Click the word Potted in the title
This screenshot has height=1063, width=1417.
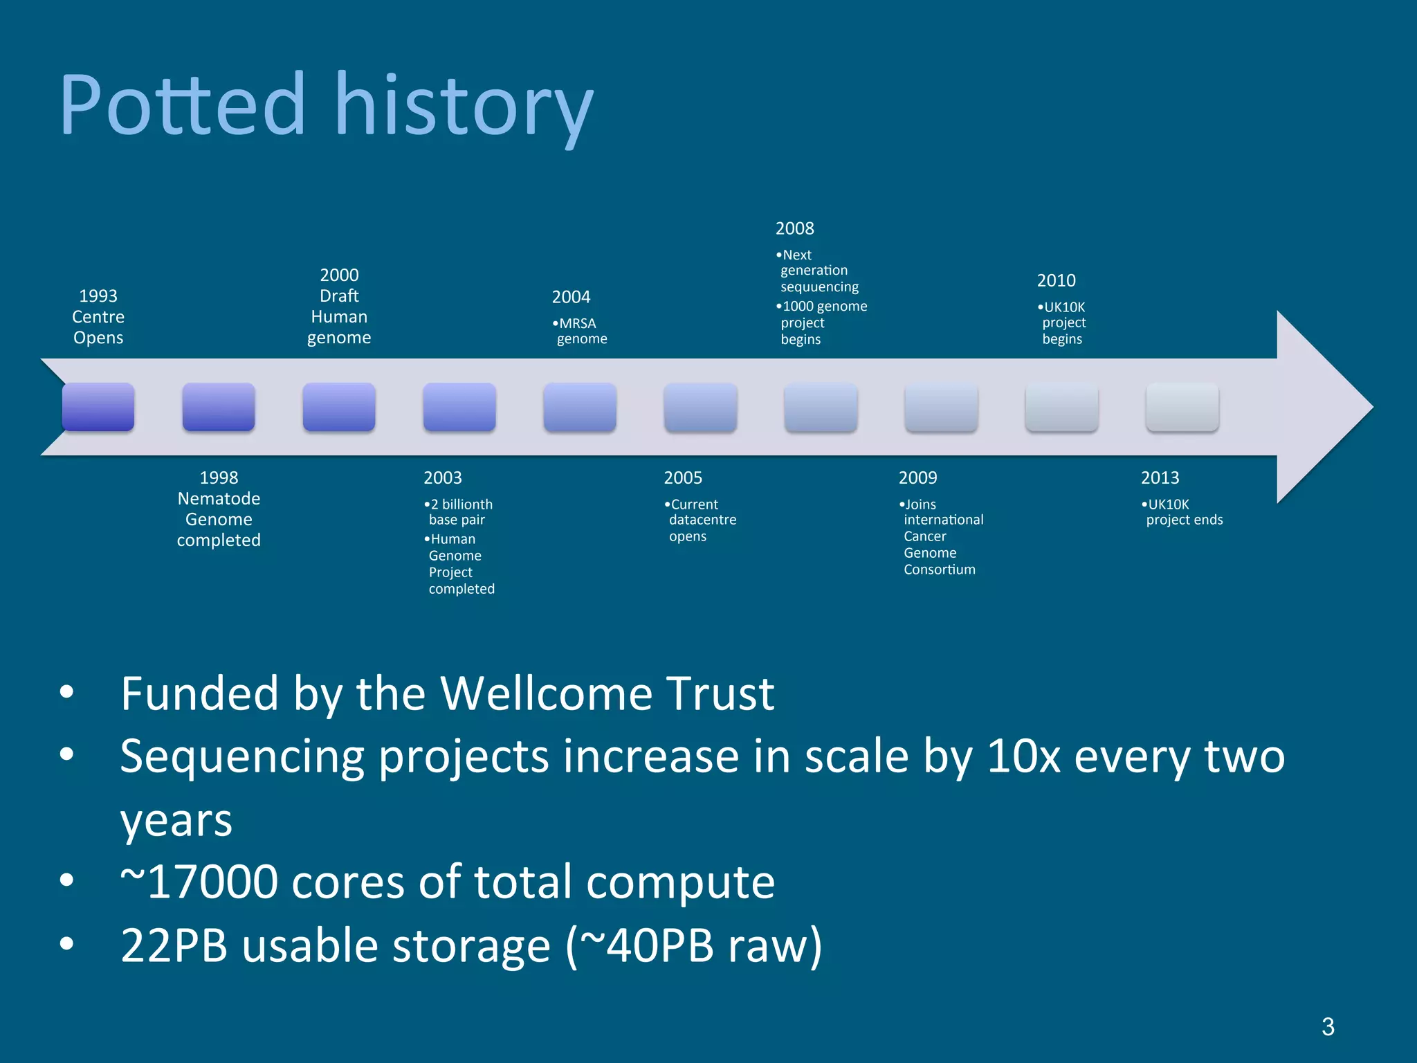(182, 105)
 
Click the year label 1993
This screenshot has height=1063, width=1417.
(98, 296)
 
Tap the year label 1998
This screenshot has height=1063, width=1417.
(219, 478)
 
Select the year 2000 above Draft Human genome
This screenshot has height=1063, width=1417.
(339, 275)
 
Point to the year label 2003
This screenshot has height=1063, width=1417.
(443, 478)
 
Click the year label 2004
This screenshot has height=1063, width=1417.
(571, 297)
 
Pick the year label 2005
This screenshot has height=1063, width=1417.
(683, 478)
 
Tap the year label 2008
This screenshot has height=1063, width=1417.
(794, 228)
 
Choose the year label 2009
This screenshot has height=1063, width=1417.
(917, 478)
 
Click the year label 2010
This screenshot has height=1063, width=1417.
(1056, 280)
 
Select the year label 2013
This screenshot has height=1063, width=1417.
(1160, 478)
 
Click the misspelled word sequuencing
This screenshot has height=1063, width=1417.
(819, 287)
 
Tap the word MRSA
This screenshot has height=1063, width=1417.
(578, 324)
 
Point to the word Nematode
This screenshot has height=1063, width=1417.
(219, 498)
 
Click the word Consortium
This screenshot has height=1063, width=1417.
(940, 570)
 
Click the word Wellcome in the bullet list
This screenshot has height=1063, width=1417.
(545, 693)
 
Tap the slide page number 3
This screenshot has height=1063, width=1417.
(1328, 1026)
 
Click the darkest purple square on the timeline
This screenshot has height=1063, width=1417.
(98, 407)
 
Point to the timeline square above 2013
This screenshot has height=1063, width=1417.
(1182, 407)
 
